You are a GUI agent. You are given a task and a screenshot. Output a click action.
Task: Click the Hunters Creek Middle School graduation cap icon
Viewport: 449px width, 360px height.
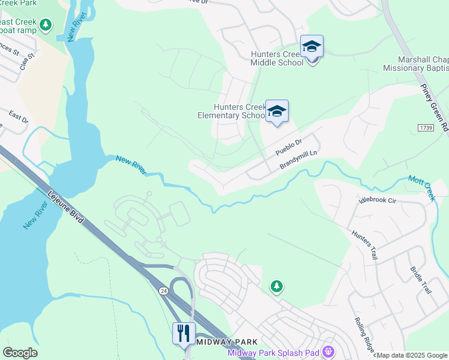[x=312, y=46]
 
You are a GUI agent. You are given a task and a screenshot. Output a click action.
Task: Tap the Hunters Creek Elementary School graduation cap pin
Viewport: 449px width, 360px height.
[x=277, y=111]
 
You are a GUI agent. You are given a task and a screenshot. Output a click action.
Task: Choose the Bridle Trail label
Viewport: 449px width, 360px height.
[x=421, y=280]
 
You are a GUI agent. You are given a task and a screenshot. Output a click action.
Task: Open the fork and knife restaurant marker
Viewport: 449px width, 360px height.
[x=184, y=333]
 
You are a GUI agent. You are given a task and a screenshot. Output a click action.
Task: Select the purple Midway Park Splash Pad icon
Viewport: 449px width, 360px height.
[x=328, y=351]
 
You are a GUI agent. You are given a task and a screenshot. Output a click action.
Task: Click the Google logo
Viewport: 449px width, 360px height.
[x=20, y=353]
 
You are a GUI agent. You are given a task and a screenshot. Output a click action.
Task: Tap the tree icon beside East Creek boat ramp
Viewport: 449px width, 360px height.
[x=46, y=25]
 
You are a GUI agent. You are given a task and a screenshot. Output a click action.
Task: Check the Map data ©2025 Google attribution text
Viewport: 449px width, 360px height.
[x=412, y=355]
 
